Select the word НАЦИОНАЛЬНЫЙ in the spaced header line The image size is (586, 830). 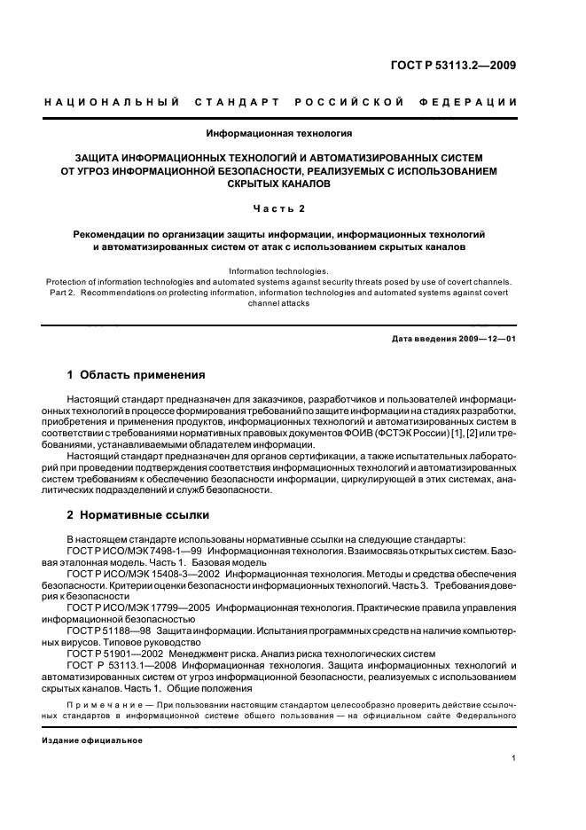107,104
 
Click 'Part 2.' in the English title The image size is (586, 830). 59,292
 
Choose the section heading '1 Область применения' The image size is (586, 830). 137,375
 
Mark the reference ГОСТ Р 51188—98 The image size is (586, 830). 100,630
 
